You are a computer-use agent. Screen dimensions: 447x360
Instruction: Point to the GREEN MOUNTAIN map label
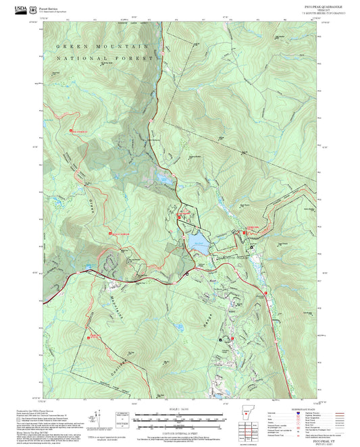click(x=101, y=47)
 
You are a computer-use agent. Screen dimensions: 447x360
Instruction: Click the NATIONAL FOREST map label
click(x=105, y=59)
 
